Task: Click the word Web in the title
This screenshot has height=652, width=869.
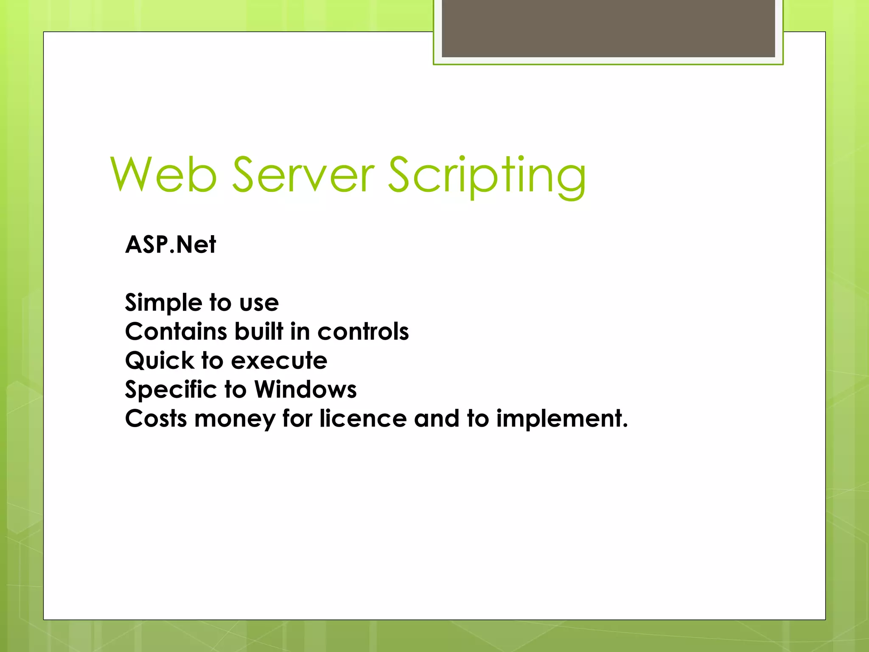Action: [164, 174]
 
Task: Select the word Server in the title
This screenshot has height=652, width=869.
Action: [303, 174]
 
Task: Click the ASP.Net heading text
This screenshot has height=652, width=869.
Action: [171, 245]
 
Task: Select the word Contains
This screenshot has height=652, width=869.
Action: [176, 332]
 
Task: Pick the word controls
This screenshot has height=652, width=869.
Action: [363, 332]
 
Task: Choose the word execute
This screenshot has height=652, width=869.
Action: [279, 361]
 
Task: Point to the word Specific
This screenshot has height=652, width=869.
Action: [171, 390]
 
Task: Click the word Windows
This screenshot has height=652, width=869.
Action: [305, 390]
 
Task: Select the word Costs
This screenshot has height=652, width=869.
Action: [156, 419]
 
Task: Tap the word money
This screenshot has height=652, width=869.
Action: [235, 419]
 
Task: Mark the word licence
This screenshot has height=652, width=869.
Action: [363, 419]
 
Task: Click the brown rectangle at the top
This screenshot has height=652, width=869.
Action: [608, 28]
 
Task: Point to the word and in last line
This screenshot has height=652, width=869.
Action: [437, 419]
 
